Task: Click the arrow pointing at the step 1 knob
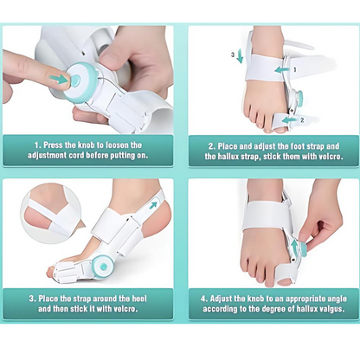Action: (x=58, y=80)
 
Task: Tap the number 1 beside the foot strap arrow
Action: (x=294, y=67)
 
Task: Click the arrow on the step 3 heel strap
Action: (x=154, y=206)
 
